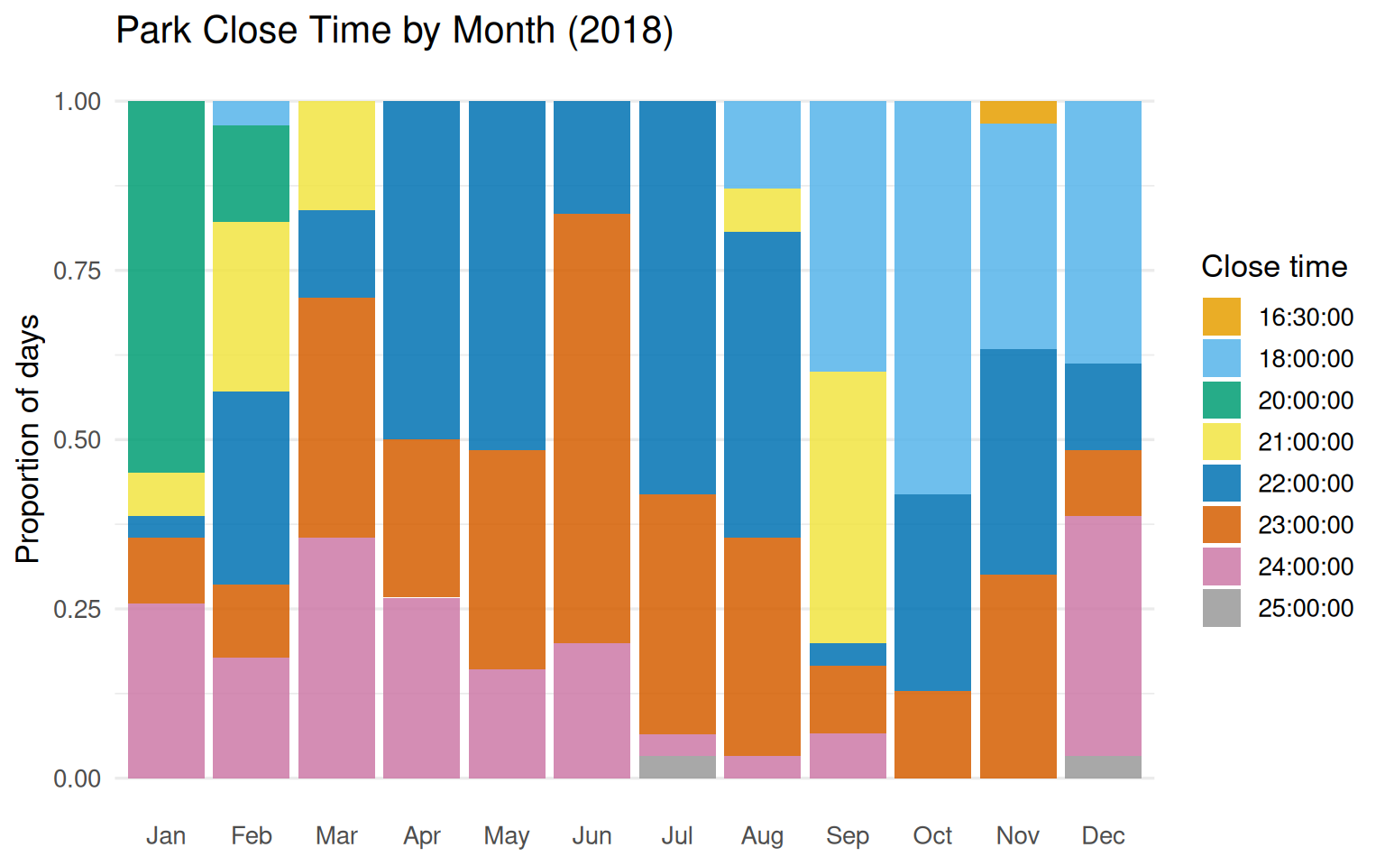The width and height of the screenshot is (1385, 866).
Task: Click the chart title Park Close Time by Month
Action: (x=394, y=31)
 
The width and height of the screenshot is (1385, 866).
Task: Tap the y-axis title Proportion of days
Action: (x=29, y=439)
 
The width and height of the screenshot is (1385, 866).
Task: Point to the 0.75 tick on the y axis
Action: (x=77, y=271)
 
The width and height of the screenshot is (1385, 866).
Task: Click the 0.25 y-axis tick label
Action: (x=77, y=609)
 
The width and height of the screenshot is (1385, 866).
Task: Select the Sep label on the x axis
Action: (x=848, y=836)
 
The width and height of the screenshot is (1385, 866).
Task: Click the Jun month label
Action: (x=592, y=836)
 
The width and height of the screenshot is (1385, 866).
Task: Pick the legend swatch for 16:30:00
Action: (x=1221, y=318)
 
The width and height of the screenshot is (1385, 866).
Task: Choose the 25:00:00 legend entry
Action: (x=1305, y=608)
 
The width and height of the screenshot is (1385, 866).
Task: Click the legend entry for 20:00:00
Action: (x=1305, y=401)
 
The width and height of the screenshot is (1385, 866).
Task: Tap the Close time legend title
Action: (x=1273, y=267)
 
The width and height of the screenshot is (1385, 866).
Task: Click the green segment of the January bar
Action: (x=166, y=287)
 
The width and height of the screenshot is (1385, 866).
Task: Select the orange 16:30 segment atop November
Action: (x=1018, y=113)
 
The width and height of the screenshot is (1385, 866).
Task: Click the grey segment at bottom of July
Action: (x=677, y=767)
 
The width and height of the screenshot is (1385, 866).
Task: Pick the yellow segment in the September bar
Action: (x=848, y=507)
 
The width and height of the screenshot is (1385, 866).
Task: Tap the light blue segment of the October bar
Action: (x=932, y=298)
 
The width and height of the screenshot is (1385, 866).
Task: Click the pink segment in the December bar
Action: (x=1103, y=636)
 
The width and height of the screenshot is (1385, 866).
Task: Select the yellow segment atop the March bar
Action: (x=336, y=155)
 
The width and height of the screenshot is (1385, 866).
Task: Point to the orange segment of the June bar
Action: (x=592, y=428)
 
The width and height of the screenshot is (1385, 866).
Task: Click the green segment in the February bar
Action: (x=251, y=173)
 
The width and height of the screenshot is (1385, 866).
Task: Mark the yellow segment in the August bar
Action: (x=762, y=210)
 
